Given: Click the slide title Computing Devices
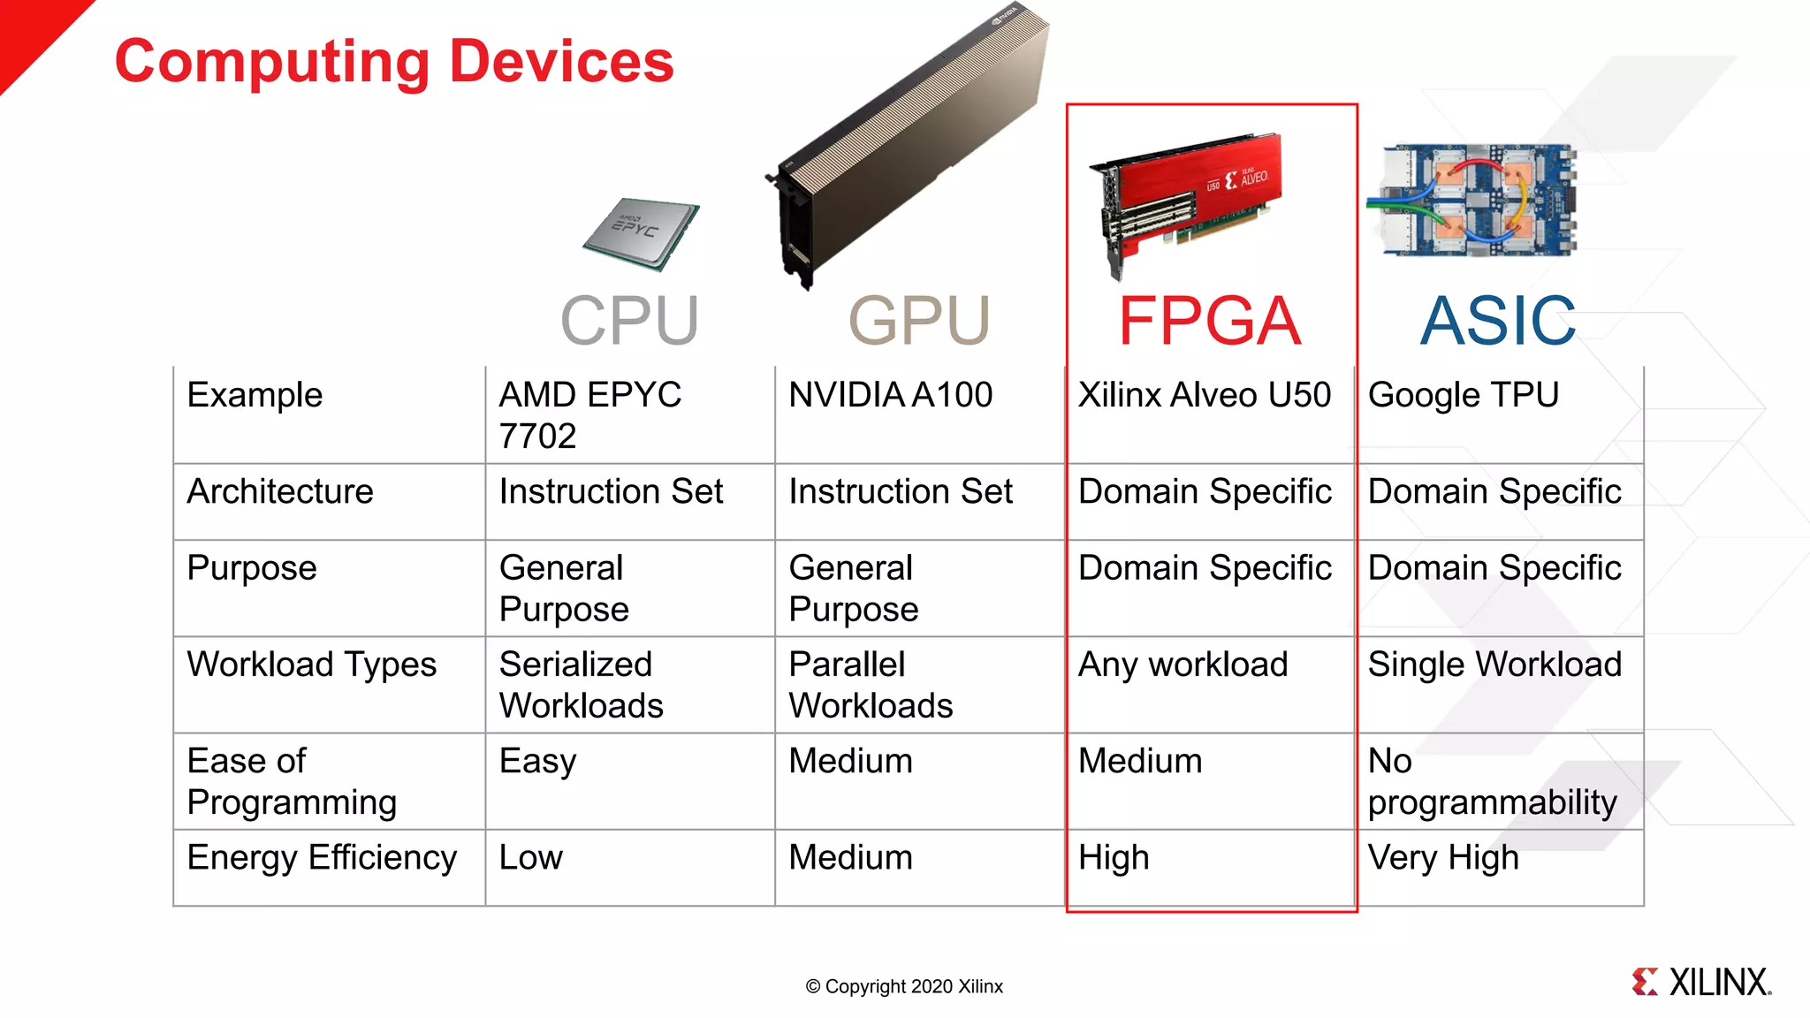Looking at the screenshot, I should tap(394, 62).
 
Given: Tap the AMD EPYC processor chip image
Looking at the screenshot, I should tap(641, 233).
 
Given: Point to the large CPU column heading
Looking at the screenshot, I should tap(629, 321).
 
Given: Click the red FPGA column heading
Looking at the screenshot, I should tap(1209, 321).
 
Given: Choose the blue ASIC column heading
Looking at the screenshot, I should tap(1497, 321).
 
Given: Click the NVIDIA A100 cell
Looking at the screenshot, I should tap(890, 395).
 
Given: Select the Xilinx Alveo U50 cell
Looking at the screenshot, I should tap(1204, 395).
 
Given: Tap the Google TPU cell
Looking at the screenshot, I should tap(1463, 395).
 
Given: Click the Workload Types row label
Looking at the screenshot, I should tap(311, 665).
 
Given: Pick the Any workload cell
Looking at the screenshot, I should tap(1183, 665).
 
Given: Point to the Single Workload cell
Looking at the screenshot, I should tap(1494, 665).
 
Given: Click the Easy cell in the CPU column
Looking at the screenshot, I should tap(537, 762).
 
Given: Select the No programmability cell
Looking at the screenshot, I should tap(1492, 782).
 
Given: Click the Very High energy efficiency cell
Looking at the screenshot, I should tap(1442, 858).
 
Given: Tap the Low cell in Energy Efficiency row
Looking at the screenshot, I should tap(530, 858).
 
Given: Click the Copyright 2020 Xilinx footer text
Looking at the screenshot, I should tap(904, 986).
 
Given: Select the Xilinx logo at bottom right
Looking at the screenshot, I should tap(1701, 982).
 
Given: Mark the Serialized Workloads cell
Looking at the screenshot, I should tap(581, 685).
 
